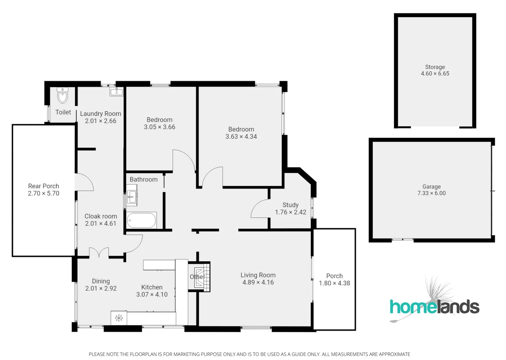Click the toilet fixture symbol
pos(63,96)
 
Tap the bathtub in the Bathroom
pos(141,220)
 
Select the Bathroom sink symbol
pos(132,197)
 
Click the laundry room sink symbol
pos(116,91)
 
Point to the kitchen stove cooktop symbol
pos(119,318)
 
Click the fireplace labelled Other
pos(199,277)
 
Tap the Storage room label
pos(435,67)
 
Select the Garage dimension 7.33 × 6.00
pos(431,193)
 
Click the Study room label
pos(290,205)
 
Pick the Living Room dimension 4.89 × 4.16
pos(258,282)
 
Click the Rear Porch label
pos(43,186)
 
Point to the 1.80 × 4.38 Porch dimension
pos(334,283)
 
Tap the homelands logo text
pos(434,307)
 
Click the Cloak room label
pos(100,216)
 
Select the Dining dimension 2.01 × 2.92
pos(101,289)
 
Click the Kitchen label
pos(152,287)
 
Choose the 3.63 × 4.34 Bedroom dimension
pos(241,137)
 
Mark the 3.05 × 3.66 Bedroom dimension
pos(159,127)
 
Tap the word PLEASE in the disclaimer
pos(97,354)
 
